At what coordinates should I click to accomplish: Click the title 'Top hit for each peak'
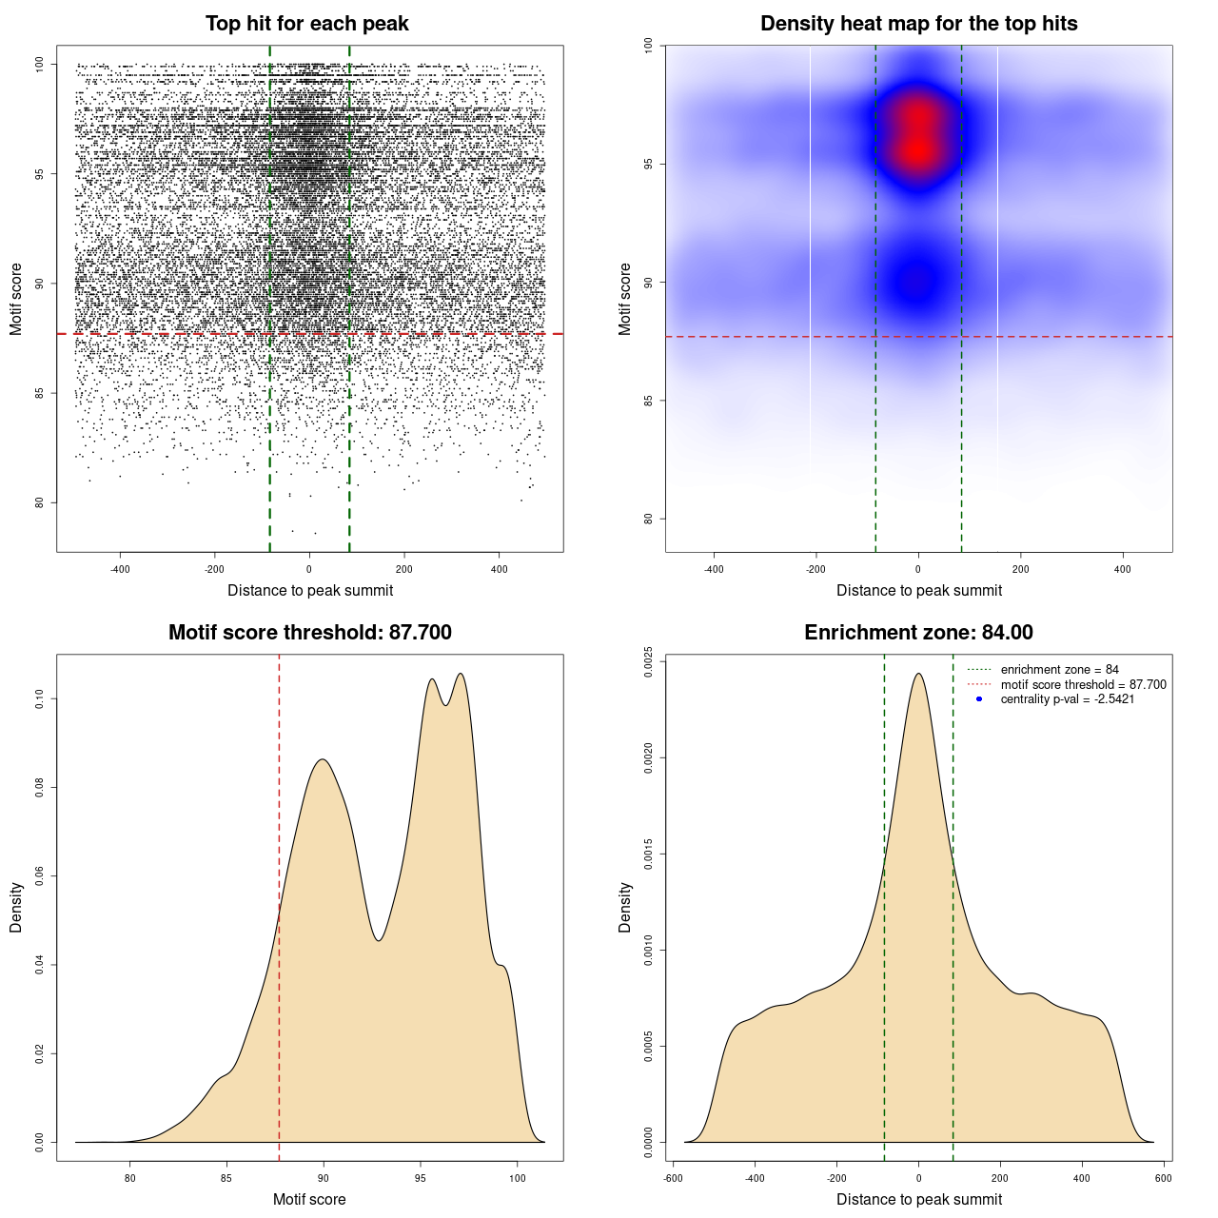coord(306,24)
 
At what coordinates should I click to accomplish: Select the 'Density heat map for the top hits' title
coord(918,24)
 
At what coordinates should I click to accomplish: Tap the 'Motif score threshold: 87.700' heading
coord(309,633)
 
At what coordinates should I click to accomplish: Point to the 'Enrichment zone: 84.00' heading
coord(918,633)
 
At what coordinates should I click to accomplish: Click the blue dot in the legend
coord(979,699)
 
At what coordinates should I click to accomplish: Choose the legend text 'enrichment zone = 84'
coord(1059,670)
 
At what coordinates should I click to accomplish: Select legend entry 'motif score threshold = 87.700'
coord(1083,685)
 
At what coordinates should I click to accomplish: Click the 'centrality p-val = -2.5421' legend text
coord(1067,699)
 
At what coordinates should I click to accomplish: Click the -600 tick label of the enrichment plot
coord(673,1178)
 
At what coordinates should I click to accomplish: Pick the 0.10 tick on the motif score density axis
coord(40,699)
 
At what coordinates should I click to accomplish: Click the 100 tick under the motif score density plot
coord(517,1178)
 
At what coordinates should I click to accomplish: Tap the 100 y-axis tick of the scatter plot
coord(40,64)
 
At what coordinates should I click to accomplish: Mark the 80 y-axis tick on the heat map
coord(649,519)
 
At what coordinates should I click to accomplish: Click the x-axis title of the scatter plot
coord(310,591)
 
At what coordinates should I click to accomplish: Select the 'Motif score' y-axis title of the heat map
coord(625,299)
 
